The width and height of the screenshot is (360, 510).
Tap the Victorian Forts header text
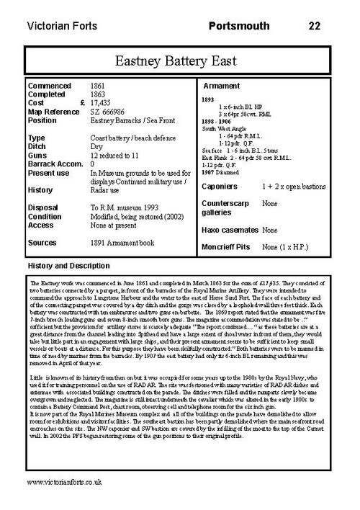60,26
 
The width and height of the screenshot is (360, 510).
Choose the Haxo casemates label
230,230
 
